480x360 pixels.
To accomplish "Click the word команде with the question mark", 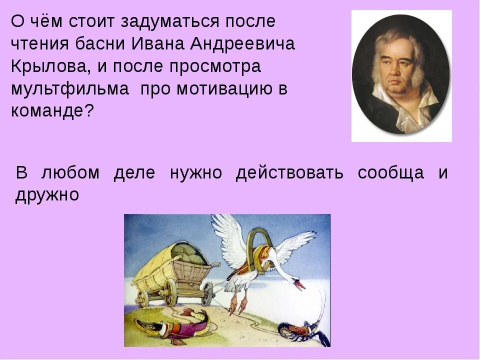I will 52,111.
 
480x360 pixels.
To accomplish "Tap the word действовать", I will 289,173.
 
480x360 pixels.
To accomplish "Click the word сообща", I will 391,173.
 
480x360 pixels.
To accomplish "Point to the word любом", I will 71,173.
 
